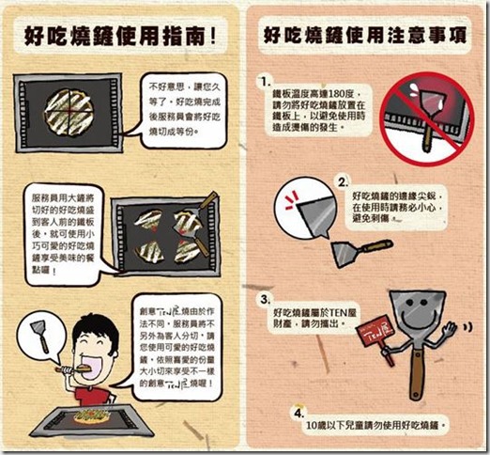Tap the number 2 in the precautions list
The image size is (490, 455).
(343, 180)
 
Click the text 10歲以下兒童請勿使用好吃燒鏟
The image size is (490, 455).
(380, 425)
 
